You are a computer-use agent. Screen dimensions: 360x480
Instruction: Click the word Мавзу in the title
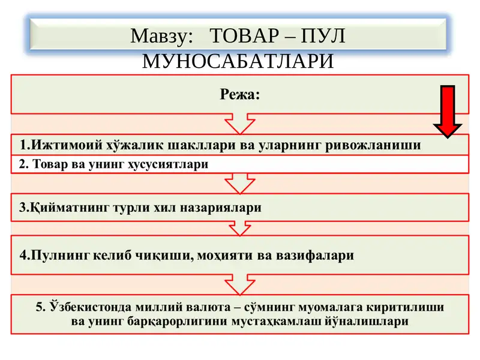[x=161, y=37]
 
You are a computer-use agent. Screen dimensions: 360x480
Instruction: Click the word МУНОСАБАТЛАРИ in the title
[x=238, y=62]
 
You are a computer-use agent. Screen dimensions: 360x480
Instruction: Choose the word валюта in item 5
[x=208, y=307]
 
